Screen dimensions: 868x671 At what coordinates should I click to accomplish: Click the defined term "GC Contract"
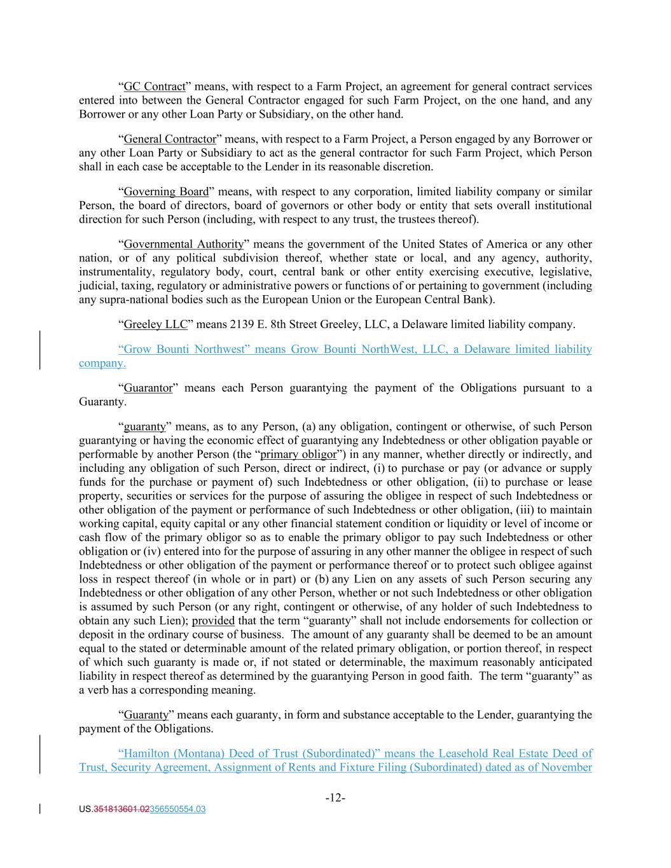point(154,86)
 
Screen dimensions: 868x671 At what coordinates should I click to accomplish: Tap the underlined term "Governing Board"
point(166,191)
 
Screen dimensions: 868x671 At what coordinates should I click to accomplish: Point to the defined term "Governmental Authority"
point(183,244)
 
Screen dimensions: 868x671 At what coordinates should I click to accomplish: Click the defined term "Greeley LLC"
point(155,324)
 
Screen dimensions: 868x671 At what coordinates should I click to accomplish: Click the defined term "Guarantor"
point(148,388)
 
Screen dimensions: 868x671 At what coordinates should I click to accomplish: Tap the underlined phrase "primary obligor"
point(298,454)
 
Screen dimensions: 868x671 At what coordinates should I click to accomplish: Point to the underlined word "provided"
point(213,621)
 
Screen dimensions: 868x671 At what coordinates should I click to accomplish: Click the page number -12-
point(335,797)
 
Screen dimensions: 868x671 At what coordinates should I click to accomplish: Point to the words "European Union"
point(366,300)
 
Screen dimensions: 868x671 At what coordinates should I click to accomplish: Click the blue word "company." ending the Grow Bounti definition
point(102,363)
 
